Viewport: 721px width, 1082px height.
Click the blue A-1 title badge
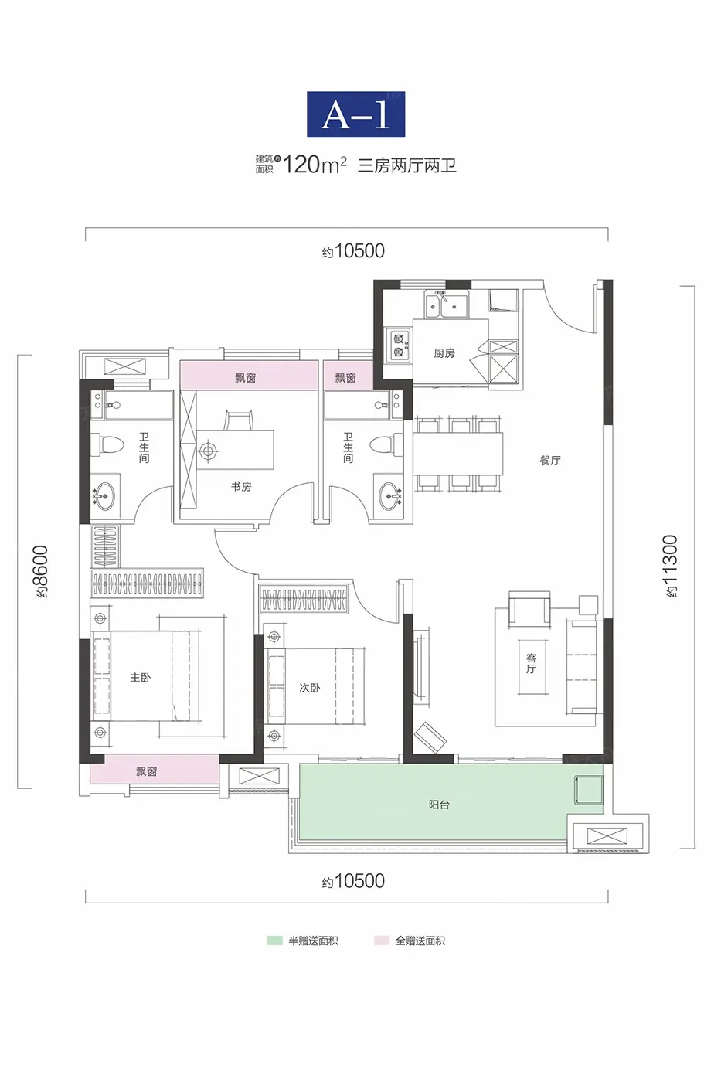click(x=356, y=114)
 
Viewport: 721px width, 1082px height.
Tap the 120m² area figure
click(x=315, y=165)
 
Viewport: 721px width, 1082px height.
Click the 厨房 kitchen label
click(x=444, y=353)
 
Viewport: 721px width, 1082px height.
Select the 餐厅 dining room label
click(x=550, y=460)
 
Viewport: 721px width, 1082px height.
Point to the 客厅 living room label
click(x=531, y=663)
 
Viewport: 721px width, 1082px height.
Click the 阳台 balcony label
click(x=439, y=805)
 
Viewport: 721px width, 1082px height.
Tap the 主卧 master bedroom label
click(x=140, y=677)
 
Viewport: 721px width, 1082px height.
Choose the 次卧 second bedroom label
click(x=309, y=687)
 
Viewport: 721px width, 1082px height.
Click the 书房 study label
click(x=241, y=486)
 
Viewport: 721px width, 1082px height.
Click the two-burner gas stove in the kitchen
click(x=399, y=345)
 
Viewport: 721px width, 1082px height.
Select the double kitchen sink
click(x=446, y=304)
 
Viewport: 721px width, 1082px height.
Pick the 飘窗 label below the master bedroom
click(x=146, y=771)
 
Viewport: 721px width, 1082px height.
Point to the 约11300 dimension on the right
click(x=672, y=566)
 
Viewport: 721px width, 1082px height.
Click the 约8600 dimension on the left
click(x=42, y=571)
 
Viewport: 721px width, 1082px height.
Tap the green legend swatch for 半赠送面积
click(x=275, y=941)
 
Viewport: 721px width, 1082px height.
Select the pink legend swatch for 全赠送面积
click(x=382, y=941)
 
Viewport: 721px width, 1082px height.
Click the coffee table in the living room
click(x=533, y=668)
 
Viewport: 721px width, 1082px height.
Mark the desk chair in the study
click(x=238, y=419)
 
